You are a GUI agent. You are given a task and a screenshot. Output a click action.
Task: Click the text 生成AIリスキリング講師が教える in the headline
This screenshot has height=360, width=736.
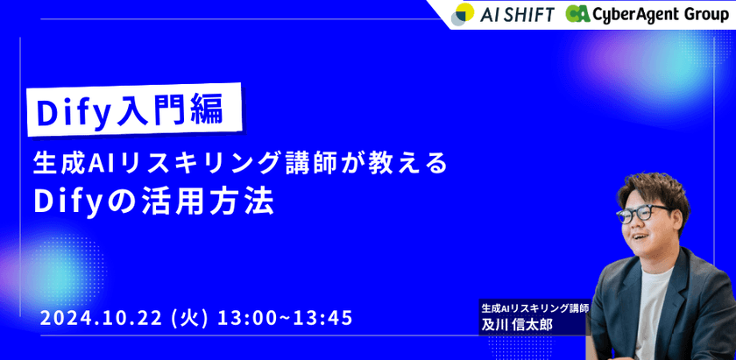(x=240, y=164)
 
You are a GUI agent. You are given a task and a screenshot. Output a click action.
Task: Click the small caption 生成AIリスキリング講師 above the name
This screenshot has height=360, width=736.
(x=534, y=308)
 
